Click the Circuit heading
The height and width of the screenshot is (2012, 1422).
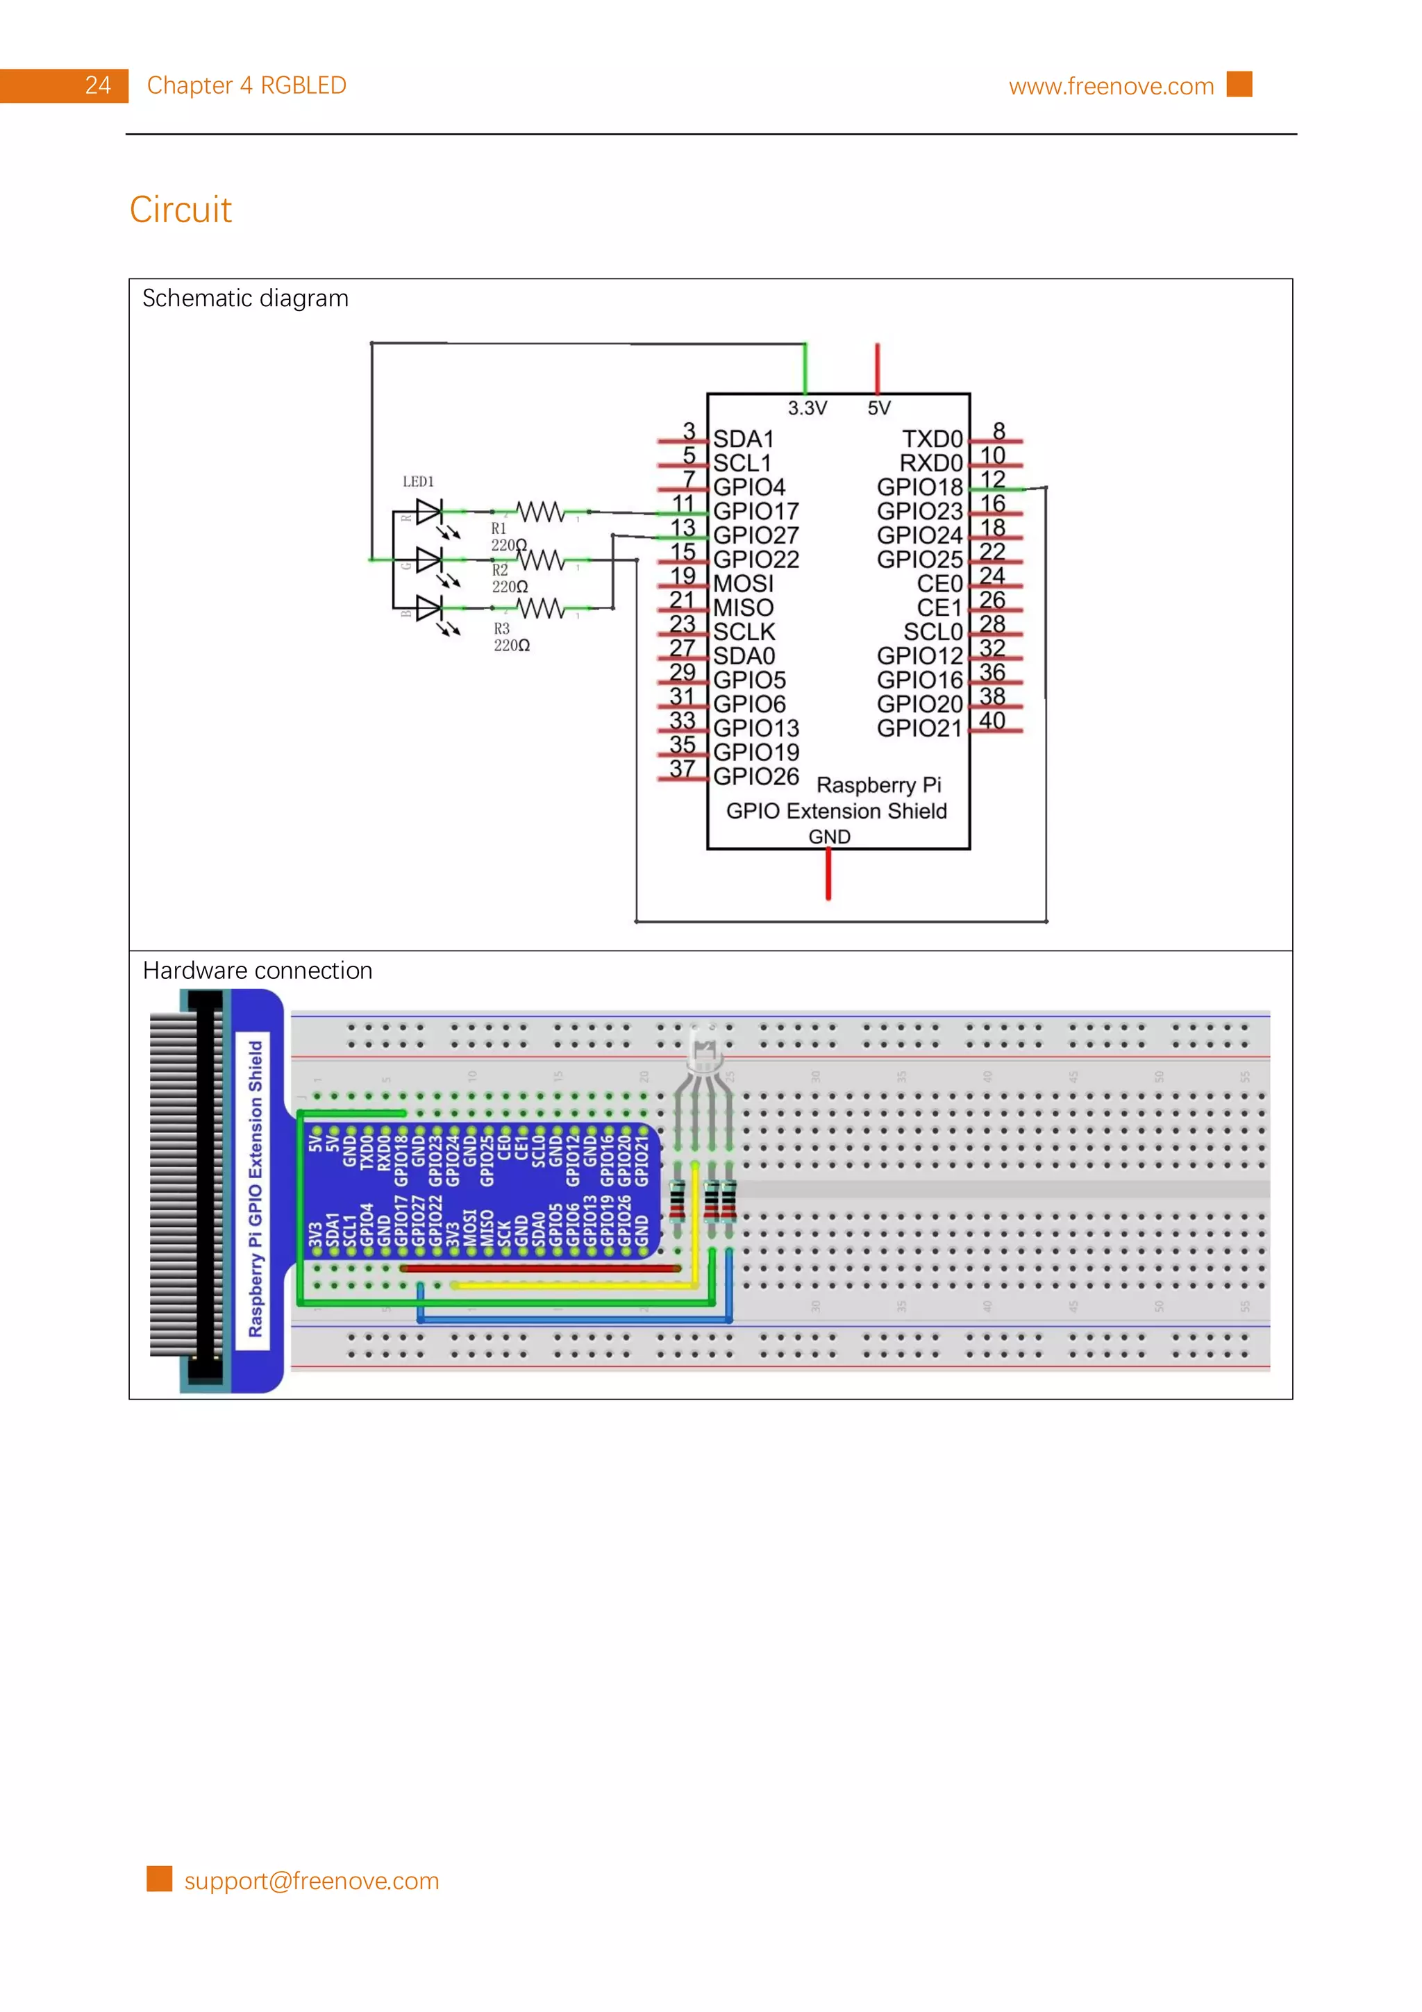[181, 210]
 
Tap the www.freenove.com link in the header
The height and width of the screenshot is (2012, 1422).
[1110, 86]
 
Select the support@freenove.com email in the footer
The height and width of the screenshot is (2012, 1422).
[311, 1881]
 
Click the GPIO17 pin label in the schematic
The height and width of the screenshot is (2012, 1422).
[755, 511]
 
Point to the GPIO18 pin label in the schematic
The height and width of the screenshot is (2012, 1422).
[919, 487]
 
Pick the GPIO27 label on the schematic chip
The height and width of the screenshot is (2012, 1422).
[755, 535]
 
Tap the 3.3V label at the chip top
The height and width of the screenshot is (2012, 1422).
[807, 408]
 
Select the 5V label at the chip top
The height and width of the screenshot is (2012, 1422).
[879, 408]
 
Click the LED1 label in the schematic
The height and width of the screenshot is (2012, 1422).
[418, 482]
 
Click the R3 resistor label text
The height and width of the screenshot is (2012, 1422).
[502, 629]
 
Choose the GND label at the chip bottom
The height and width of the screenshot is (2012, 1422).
[829, 837]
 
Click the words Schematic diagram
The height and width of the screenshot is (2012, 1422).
[245, 299]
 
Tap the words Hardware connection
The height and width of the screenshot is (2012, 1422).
[258, 971]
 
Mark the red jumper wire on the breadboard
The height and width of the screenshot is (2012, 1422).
[539, 1267]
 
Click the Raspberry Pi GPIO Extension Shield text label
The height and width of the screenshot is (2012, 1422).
[255, 1189]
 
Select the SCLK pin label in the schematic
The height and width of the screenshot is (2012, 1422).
[744, 632]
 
